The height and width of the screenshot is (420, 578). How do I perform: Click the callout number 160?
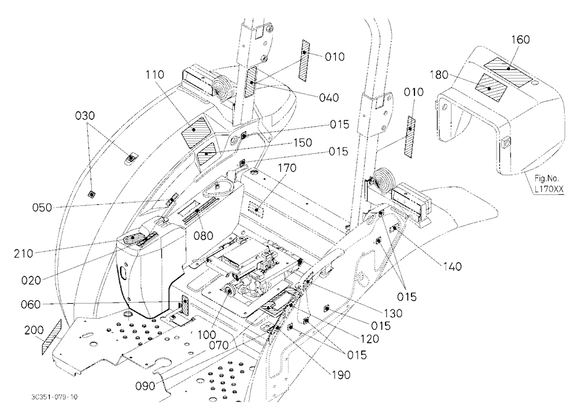(x=521, y=39)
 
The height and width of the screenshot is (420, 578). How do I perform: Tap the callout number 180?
(x=439, y=75)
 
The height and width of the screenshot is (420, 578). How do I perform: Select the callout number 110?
(x=155, y=75)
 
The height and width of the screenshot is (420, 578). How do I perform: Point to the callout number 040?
(x=329, y=97)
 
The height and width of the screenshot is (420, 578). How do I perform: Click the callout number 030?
(x=85, y=116)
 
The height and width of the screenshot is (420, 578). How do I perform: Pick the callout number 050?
(x=42, y=208)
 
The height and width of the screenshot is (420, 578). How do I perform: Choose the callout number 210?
(x=24, y=253)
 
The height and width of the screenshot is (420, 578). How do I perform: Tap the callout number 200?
(x=34, y=330)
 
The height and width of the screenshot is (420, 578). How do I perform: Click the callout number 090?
(x=145, y=386)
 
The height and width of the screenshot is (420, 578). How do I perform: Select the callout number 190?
(x=341, y=375)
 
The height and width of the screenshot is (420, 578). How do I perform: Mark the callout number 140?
(x=453, y=266)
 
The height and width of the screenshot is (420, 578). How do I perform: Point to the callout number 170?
(x=287, y=168)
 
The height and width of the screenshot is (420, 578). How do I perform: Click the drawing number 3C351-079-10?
(x=54, y=397)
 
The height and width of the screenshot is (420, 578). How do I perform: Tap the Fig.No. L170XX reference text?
(x=549, y=183)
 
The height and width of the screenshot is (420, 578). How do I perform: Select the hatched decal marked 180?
(x=491, y=87)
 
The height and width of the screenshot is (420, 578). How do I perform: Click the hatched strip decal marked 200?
(x=51, y=337)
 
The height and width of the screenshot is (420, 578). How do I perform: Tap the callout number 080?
(x=204, y=235)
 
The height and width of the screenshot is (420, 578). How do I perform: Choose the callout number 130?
(x=392, y=313)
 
